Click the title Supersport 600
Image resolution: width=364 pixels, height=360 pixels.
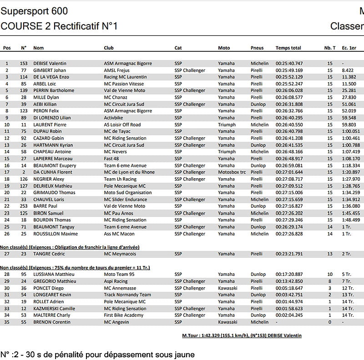tap(35, 11)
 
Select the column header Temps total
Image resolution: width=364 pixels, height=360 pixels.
tap(288, 48)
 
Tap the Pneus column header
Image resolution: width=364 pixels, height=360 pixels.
tap(257, 48)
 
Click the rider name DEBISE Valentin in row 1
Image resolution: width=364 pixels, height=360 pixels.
tap(50, 63)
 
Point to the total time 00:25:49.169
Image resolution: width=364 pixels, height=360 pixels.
tap(289, 70)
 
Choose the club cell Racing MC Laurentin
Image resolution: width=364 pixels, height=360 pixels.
tap(125, 77)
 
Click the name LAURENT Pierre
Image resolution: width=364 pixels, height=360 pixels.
tap(50, 125)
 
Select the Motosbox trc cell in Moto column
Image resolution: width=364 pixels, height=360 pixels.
tap(232, 172)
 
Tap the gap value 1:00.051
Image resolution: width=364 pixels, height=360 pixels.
tap(351, 131)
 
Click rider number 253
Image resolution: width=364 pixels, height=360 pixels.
tap(24, 206)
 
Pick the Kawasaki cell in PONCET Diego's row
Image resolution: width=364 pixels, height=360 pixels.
tap(227, 288)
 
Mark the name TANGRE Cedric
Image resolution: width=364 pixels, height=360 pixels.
tap(49, 254)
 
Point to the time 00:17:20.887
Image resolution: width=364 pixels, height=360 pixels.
tap(289, 275)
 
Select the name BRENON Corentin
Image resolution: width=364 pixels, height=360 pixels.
tap(52, 322)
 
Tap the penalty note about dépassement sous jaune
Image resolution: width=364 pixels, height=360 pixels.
tap(97, 354)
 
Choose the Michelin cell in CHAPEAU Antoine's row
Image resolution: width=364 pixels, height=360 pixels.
tap(259, 152)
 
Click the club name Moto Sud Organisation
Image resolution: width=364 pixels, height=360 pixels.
tap(128, 193)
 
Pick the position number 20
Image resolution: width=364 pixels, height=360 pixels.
tap(7, 193)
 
